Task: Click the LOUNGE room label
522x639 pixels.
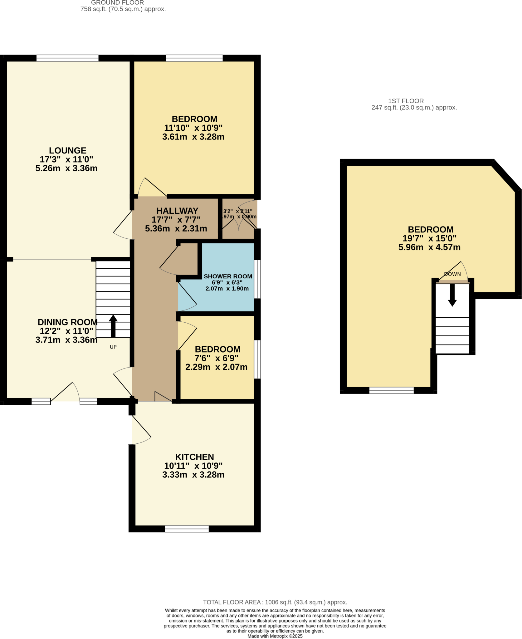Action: (x=67, y=150)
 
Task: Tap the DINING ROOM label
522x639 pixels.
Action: (x=67, y=322)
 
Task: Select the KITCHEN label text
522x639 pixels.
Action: (x=194, y=457)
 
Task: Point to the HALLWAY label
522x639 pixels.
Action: (x=177, y=211)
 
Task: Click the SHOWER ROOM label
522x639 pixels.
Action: (x=228, y=276)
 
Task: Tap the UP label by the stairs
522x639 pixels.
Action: (x=113, y=347)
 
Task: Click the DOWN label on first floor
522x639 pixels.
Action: (x=452, y=274)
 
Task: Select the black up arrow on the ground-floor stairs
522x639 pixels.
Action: (x=113, y=326)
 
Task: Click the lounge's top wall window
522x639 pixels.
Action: (x=67, y=58)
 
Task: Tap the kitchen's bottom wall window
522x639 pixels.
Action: (x=187, y=529)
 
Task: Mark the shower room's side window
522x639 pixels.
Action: (x=257, y=279)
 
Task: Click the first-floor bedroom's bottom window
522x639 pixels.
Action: (x=391, y=390)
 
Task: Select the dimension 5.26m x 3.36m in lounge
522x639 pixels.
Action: (x=66, y=168)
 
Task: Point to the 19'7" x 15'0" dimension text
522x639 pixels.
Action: (x=429, y=238)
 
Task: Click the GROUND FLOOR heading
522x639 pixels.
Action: (x=117, y=3)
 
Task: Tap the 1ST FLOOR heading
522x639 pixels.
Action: (x=406, y=101)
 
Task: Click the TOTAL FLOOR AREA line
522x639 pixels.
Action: (x=275, y=602)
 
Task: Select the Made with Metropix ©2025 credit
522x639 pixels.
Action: (x=275, y=636)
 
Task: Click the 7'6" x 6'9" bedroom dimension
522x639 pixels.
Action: (x=216, y=358)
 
